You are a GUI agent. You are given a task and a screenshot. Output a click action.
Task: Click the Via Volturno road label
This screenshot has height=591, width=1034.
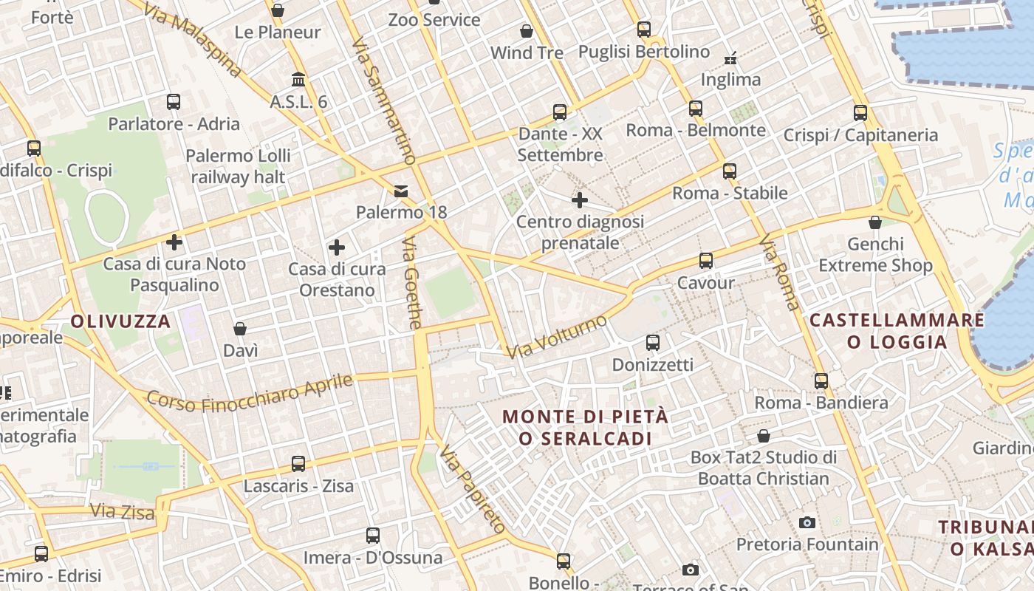(558, 336)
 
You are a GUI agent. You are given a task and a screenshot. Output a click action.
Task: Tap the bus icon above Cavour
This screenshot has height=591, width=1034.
(706, 261)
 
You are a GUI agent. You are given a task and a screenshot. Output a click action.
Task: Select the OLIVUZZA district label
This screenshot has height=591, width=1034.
(121, 321)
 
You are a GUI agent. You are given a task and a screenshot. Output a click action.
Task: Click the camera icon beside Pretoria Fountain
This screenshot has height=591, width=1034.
(807, 523)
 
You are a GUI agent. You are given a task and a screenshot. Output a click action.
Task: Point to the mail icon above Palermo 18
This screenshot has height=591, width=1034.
(401, 191)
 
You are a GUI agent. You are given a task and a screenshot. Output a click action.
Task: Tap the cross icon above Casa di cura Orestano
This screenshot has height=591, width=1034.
(337, 247)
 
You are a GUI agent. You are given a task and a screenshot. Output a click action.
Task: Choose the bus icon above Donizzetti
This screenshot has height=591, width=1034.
(653, 343)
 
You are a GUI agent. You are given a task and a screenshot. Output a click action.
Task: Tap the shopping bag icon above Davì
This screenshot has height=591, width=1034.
(240, 329)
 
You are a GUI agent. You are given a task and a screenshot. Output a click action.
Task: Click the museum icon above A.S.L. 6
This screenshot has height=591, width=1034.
(298, 79)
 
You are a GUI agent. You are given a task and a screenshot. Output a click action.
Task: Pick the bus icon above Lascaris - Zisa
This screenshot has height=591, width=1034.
(298, 464)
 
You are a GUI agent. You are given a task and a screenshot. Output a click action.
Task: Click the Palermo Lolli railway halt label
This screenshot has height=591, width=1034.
(238, 166)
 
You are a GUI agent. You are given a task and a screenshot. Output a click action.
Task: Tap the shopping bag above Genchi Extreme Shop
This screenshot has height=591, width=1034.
(875, 222)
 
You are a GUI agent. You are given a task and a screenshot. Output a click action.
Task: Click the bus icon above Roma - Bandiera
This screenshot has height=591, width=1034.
(821, 381)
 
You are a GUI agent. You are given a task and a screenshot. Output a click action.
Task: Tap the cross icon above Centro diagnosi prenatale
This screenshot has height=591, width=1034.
(580, 199)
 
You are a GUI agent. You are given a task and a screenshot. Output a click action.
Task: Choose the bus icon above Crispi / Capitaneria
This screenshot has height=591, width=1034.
(860, 113)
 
